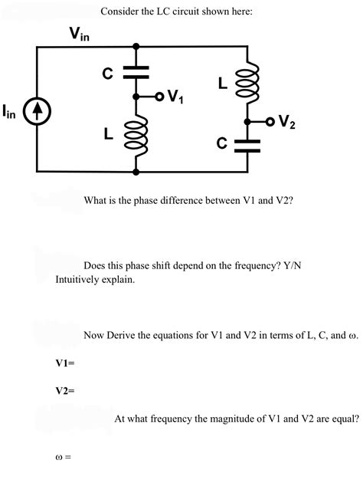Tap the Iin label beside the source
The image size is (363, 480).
pos(11,113)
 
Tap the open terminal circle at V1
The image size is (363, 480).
pos(159,97)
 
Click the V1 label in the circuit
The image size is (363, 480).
pos(174,97)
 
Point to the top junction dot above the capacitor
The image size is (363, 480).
pos(136,47)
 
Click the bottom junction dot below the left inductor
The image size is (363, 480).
pos(136,171)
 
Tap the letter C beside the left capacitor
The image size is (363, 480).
pos(109,74)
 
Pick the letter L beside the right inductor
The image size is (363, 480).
pos(224,84)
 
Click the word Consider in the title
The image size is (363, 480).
pos(119,12)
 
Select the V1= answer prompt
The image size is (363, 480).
pos(65,362)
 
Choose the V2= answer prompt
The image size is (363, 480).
pos(65,390)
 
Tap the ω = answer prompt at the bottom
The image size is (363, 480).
pos(64,458)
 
